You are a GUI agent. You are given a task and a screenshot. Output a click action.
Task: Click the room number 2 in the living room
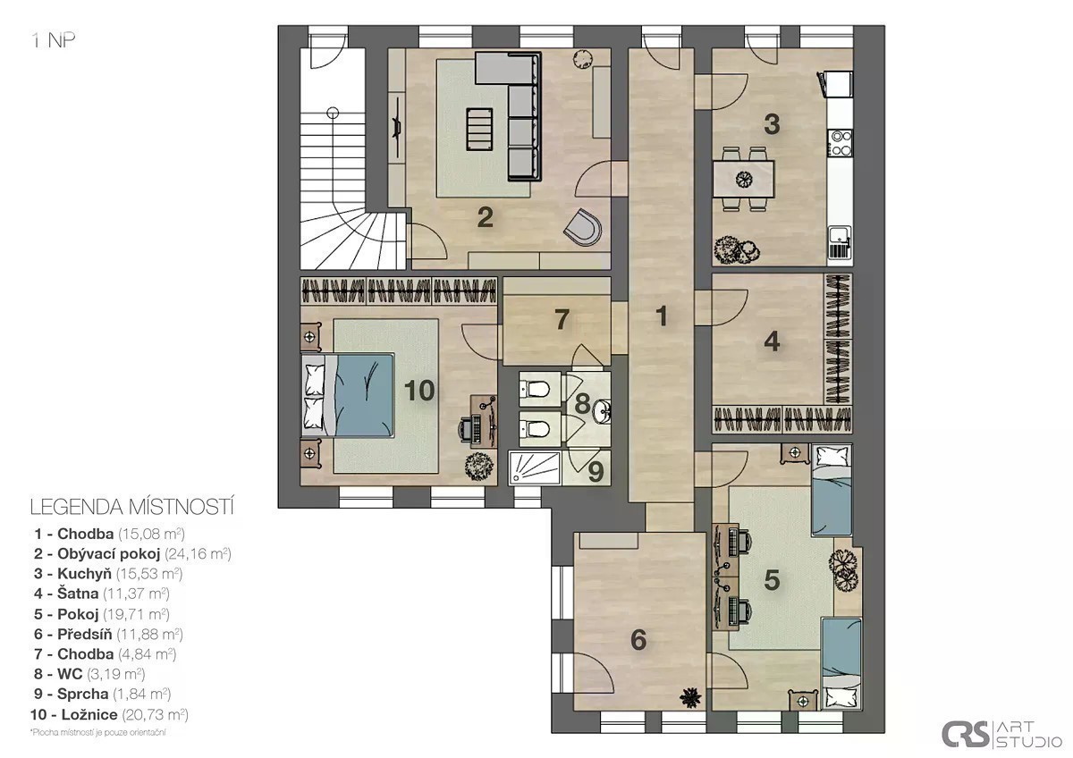point(486,217)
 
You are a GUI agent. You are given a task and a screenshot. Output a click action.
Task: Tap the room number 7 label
point(562,319)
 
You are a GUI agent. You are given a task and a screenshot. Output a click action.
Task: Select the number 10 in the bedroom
point(419,391)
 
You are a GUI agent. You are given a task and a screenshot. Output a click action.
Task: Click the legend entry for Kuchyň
point(108,573)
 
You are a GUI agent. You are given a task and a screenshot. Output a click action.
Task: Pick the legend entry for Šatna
point(102,594)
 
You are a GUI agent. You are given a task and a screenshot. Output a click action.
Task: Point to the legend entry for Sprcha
point(103,694)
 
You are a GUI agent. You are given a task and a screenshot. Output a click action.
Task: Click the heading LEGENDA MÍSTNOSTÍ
point(132,507)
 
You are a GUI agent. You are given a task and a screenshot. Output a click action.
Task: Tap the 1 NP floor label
point(54,41)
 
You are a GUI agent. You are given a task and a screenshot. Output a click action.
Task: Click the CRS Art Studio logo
point(1001,734)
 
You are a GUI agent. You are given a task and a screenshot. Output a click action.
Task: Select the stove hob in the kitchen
point(841,143)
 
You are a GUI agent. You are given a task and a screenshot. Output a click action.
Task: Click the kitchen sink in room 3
point(840,243)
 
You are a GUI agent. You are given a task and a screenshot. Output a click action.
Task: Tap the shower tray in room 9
point(535,467)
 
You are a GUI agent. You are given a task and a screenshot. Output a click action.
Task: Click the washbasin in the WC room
point(602,413)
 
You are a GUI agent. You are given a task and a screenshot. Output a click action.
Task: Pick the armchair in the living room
point(583,227)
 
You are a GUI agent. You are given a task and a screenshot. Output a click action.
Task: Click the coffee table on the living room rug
point(479,130)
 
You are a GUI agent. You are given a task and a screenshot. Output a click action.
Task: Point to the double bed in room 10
point(348,395)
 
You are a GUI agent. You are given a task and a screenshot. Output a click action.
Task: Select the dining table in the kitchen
point(743,180)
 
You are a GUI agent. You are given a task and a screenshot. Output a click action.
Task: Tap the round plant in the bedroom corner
point(478,465)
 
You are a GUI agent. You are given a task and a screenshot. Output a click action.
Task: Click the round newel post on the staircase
point(333,114)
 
